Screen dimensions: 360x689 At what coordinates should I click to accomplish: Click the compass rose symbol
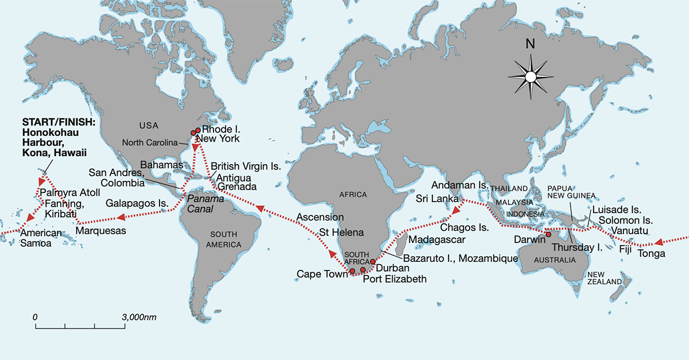point(531,76)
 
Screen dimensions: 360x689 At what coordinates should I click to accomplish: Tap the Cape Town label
point(322,274)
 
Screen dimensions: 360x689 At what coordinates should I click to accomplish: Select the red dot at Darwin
point(548,234)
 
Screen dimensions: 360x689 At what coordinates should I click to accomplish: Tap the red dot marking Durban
point(373,261)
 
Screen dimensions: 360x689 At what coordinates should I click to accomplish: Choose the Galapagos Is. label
point(137,203)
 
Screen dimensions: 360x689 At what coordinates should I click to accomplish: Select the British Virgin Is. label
point(246,166)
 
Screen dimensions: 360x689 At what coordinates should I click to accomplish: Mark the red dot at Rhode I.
point(198,130)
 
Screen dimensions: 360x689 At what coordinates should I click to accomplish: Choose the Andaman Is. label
point(459,186)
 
